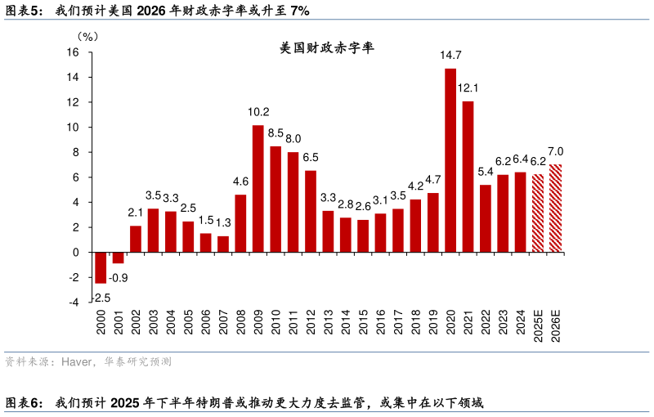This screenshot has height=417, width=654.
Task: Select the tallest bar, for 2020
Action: (450, 159)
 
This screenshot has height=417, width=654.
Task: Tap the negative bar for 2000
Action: (101, 267)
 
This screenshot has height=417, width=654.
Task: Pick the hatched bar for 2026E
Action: (556, 208)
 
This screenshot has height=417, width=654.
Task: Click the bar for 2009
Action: (258, 188)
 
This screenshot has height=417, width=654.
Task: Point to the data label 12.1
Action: (468, 88)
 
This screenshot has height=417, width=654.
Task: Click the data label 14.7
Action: (450, 56)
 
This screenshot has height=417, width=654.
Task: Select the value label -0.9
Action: (119, 278)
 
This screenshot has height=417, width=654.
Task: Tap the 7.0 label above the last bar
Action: (556, 152)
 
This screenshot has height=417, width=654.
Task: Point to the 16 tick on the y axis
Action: (72, 52)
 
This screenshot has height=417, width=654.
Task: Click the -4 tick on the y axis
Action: (73, 302)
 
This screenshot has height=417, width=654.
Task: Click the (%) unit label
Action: (87, 37)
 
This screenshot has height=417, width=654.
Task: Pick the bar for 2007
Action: (222, 244)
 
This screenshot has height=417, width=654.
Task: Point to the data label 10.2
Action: (258, 112)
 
